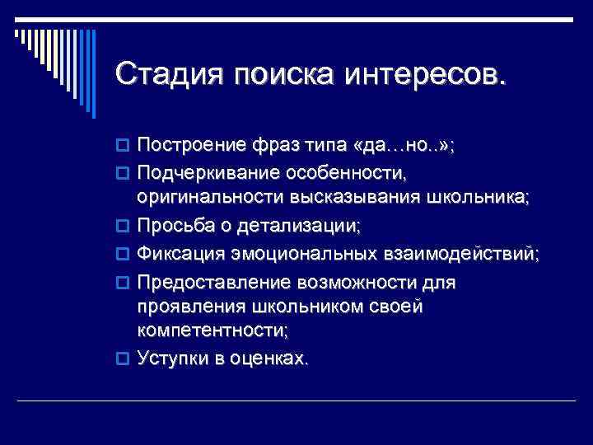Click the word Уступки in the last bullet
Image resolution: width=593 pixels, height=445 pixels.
[171, 358]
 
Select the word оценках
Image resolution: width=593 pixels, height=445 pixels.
[272, 358]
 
